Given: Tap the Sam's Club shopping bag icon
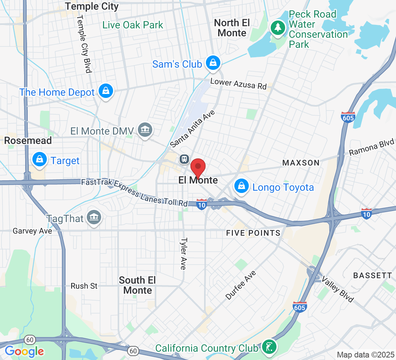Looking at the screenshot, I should [x=213, y=63].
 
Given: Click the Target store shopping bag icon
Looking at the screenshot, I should [x=39, y=159].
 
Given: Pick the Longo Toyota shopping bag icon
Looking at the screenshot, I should [x=241, y=186].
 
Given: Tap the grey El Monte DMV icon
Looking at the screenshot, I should [x=145, y=130].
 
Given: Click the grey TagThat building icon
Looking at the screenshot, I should [x=94, y=217].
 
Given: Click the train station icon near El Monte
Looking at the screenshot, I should [x=184, y=159].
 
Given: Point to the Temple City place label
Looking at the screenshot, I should [x=92, y=6].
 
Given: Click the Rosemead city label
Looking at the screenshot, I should [x=28, y=140].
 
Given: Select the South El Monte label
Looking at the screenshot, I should [x=138, y=285].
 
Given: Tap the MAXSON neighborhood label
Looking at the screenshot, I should [x=301, y=163].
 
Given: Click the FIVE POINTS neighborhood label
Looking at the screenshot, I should [x=253, y=233].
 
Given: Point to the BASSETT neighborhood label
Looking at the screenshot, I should [x=372, y=275].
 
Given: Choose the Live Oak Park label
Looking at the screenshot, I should [x=133, y=25].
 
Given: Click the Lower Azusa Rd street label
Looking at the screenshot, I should [x=238, y=84].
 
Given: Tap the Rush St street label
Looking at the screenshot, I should [x=84, y=286].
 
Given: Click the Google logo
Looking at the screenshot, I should [x=24, y=351].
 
